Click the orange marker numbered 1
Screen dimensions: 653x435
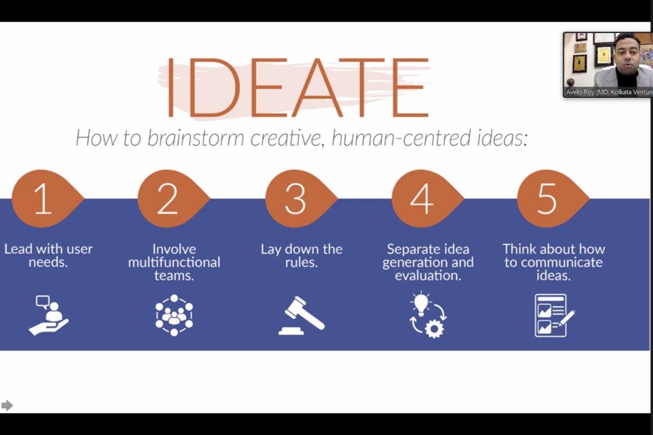[47, 199]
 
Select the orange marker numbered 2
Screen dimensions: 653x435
[172, 199]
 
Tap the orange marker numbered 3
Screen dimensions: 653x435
[300, 199]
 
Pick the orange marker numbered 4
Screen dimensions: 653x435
[427, 199]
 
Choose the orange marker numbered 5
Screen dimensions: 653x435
[552, 199]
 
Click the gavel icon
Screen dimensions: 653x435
[302, 316]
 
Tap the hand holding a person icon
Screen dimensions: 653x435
[48, 316]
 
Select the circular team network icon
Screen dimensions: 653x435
[174, 315]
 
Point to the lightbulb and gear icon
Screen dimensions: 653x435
[428, 315]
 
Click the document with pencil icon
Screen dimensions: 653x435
[555, 316]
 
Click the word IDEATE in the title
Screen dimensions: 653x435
[298, 87]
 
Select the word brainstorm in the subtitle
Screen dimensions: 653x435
[195, 138]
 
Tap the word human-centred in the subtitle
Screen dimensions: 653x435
[401, 138]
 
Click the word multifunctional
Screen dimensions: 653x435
[174, 262]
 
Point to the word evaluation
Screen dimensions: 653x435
[428, 276]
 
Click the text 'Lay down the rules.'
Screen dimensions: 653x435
[301, 256]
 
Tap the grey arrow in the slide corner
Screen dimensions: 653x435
[7, 405]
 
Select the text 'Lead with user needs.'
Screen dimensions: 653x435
[48, 256]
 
